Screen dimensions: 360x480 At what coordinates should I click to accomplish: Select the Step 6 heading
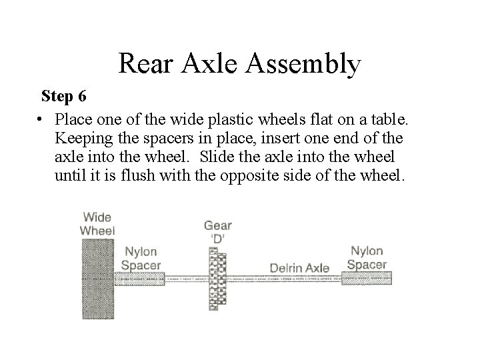63,96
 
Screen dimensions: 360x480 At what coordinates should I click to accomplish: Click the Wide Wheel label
97,224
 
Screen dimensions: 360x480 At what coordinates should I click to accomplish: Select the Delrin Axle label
299,268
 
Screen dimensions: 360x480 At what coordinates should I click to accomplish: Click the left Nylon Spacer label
141,257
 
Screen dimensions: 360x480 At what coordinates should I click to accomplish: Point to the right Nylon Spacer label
366,257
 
